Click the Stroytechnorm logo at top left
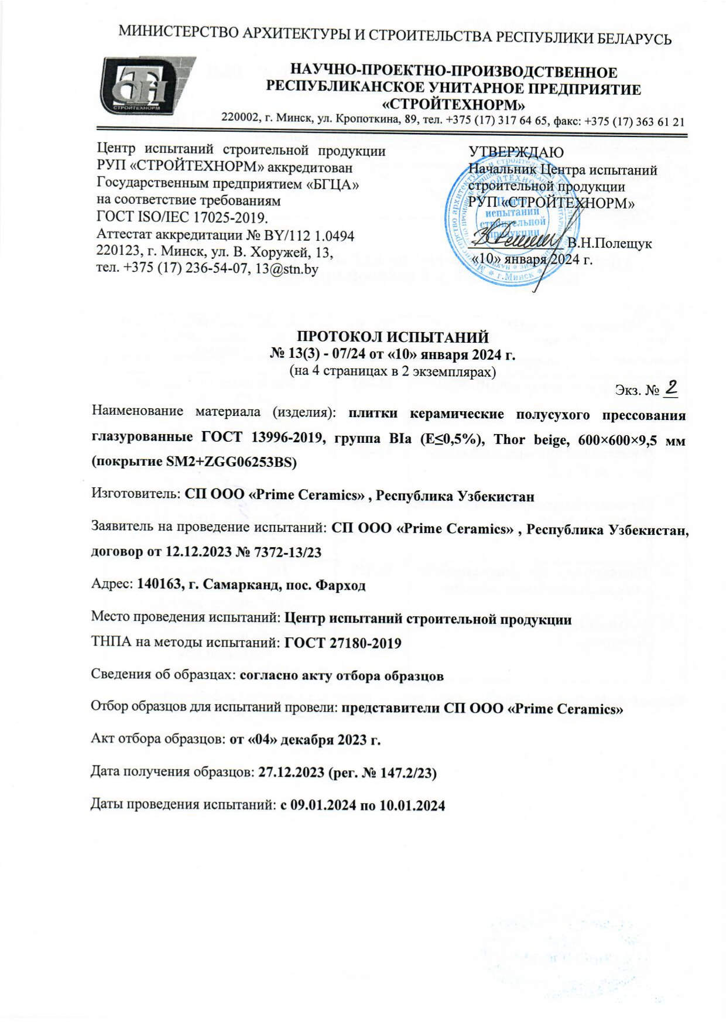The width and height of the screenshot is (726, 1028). pos(146,86)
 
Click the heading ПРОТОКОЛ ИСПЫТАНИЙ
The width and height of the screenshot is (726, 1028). pos(392,337)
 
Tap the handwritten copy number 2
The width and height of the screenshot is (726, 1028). pos(672,387)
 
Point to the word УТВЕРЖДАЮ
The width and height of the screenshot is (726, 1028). pos(516,152)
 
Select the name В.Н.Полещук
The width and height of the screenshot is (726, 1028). pos(609,244)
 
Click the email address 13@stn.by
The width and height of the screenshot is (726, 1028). pos(283,269)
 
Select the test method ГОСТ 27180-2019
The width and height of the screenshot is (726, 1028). pos(343,643)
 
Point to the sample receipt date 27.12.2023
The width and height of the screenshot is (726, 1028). pos(291,772)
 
